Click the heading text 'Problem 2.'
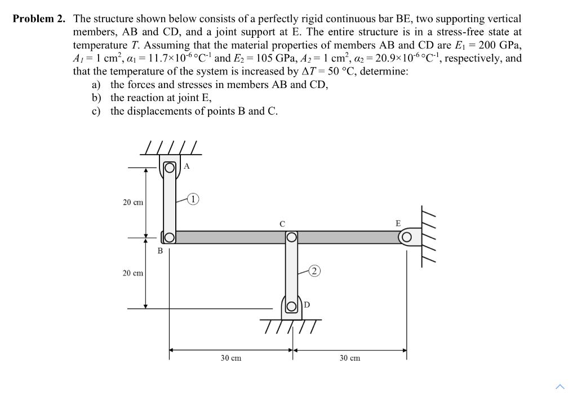click(x=39, y=19)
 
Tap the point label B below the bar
click(x=160, y=251)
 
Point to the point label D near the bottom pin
click(x=307, y=305)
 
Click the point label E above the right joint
click(x=398, y=223)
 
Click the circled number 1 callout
click(x=193, y=198)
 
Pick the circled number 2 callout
click(x=316, y=272)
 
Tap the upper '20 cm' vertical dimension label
click(x=133, y=202)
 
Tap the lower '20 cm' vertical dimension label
click(x=133, y=273)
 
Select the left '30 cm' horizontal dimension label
click(x=231, y=358)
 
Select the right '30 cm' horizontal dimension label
click(x=350, y=358)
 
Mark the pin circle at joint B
click(x=169, y=238)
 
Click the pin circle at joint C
click(x=291, y=238)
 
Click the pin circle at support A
click(x=169, y=167)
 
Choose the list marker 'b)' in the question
click(x=97, y=98)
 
